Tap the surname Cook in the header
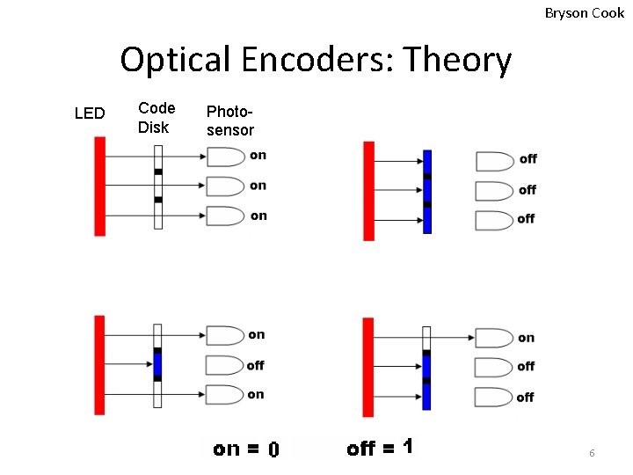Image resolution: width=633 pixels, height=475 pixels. [x=608, y=12]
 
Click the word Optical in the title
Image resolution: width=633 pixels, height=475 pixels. [x=176, y=60]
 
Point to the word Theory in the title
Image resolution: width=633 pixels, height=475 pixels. [x=456, y=60]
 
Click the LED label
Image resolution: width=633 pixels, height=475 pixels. [x=90, y=113]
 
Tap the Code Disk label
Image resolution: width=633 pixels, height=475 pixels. [x=156, y=118]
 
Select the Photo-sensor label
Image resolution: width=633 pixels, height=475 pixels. [x=229, y=121]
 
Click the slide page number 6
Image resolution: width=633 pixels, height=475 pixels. [x=592, y=452]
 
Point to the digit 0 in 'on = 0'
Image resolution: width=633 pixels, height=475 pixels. [x=273, y=449]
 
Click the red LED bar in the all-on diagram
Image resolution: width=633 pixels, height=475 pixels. [x=100, y=186]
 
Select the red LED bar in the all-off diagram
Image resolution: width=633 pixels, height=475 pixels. [x=369, y=191]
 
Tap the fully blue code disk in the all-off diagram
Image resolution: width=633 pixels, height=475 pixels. [x=427, y=191]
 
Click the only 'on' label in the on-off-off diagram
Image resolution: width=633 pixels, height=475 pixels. [x=526, y=338]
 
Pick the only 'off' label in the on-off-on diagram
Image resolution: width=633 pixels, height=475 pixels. [x=255, y=365]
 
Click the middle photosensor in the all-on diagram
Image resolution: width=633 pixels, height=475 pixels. [x=224, y=186]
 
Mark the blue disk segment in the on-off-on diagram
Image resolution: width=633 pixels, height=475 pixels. [x=158, y=364]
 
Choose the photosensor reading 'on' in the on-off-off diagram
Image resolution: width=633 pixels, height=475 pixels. [x=493, y=338]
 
